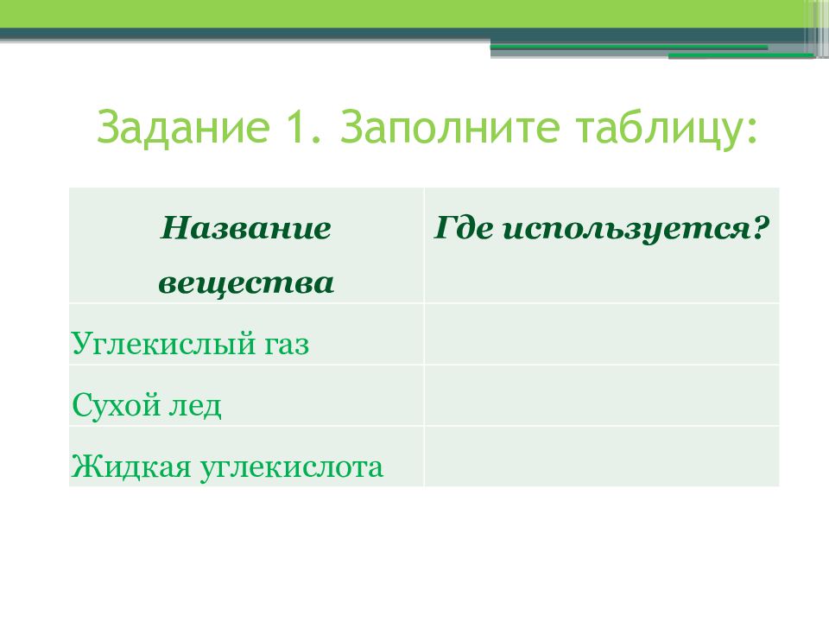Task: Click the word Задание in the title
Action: (x=183, y=129)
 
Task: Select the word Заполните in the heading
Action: (x=449, y=127)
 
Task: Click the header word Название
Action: (x=246, y=228)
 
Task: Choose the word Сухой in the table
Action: (x=116, y=406)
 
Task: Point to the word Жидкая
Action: (x=131, y=467)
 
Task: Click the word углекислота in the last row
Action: (x=291, y=468)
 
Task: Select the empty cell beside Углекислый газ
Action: (x=602, y=334)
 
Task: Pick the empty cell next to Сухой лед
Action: (x=602, y=396)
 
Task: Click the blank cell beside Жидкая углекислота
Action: (x=602, y=456)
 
